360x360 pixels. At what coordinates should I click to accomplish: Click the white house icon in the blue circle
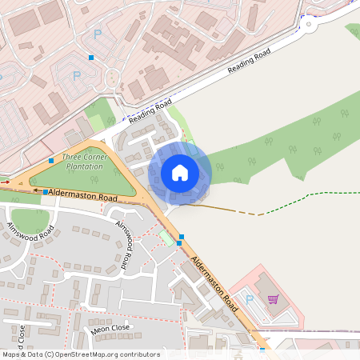[x=180, y=172]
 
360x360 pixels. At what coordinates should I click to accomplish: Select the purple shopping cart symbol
[x=273, y=299]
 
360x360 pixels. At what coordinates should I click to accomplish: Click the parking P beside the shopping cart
[x=249, y=299]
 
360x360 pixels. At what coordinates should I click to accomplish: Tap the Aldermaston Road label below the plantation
[x=83, y=194]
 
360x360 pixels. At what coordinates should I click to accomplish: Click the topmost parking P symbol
[x=98, y=34]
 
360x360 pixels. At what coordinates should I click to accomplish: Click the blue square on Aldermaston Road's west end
[x=45, y=193]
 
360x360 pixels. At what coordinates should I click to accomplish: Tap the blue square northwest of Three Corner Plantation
[x=51, y=161]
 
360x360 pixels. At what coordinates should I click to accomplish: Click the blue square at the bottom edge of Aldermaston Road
[x=262, y=350]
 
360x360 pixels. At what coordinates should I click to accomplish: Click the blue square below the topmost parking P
[x=91, y=58]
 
